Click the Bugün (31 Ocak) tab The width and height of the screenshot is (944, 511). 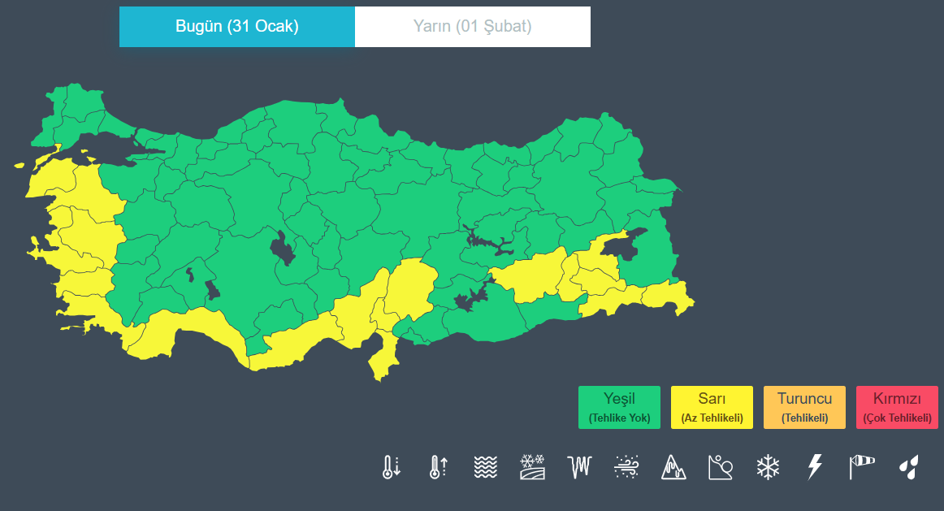(x=237, y=27)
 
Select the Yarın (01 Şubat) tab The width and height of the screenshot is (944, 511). (x=473, y=27)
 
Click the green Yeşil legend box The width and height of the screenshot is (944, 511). (x=619, y=407)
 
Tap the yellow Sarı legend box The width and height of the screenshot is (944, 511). (x=712, y=407)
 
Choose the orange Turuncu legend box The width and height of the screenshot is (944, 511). (x=804, y=407)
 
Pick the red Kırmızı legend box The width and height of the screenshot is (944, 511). (x=897, y=407)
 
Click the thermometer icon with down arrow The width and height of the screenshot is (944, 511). (x=392, y=467)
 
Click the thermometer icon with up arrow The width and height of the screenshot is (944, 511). (x=438, y=467)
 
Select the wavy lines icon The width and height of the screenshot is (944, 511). (x=485, y=467)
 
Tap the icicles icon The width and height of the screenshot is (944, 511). (x=579, y=467)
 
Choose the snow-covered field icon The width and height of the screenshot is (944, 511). (x=532, y=467)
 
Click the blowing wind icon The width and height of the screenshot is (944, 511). (x=626, y=467)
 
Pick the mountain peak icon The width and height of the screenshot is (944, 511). (x=673, y=467)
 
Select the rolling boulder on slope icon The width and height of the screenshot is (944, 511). (x=721, y=467)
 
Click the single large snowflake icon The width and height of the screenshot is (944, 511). (x=768, y=467)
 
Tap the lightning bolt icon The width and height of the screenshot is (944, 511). (x=815, y=467)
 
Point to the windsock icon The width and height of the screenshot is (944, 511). (x=862, y=467)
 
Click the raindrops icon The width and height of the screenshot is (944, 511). (x=909, y=467)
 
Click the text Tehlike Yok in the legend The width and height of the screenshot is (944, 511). (x=619, y=418)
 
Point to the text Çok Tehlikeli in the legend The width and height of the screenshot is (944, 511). (x=897, y=418)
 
